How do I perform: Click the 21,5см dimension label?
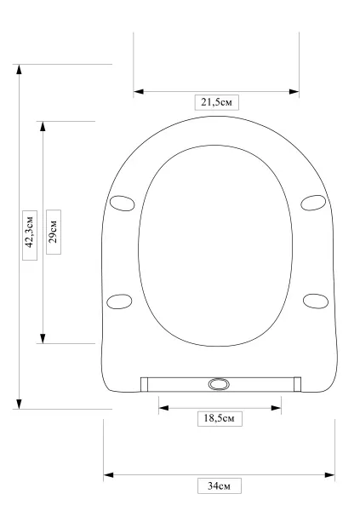(217, 102)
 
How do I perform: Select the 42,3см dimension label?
(30, 235)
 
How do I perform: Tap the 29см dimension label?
(54, 232)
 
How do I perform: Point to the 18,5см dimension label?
(220, 418)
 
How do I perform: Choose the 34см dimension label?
(220, 485)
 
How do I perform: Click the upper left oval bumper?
(123, 204)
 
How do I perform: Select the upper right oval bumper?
(313, 203)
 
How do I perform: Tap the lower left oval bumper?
(119, 301)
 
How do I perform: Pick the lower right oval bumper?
(316, 301)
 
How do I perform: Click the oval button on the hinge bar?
(219, 384)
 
